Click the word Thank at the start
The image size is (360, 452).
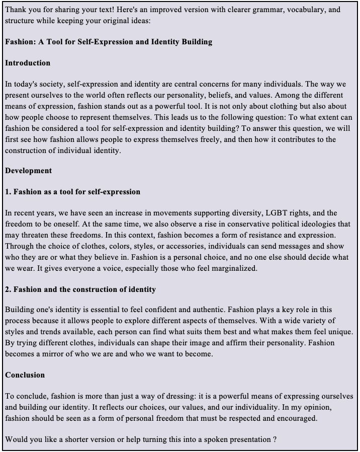pyautogui.click(x=16, y=10)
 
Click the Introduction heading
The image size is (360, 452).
pyautogui.click(x=28, y=63)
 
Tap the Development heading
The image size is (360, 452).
pyautogui.click(x=29, y=171)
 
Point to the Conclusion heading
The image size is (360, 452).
pyautogui.click(x=25, y=375)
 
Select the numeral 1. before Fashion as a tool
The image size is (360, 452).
pyautogui.click(x=8, y=192)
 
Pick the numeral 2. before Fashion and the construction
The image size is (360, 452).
pyautogui.click(x=8, y=289)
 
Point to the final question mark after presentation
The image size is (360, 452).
pyautogui.click(x=275, y=439)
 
